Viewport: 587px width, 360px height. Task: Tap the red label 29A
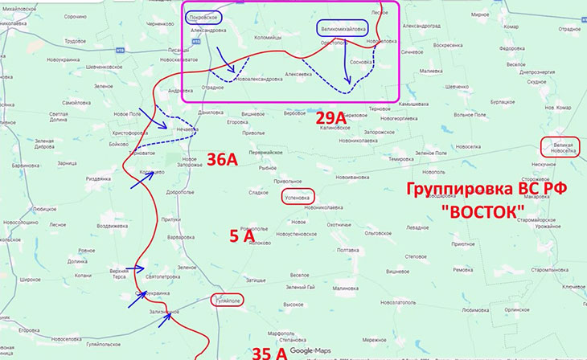(x=330, y=119)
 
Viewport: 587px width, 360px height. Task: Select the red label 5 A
(x=242, y=235)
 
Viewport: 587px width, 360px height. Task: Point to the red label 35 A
(x=269, y=352)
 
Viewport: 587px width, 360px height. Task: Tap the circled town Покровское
(x=202, y=16)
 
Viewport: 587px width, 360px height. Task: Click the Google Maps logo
(x=310, y=351)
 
